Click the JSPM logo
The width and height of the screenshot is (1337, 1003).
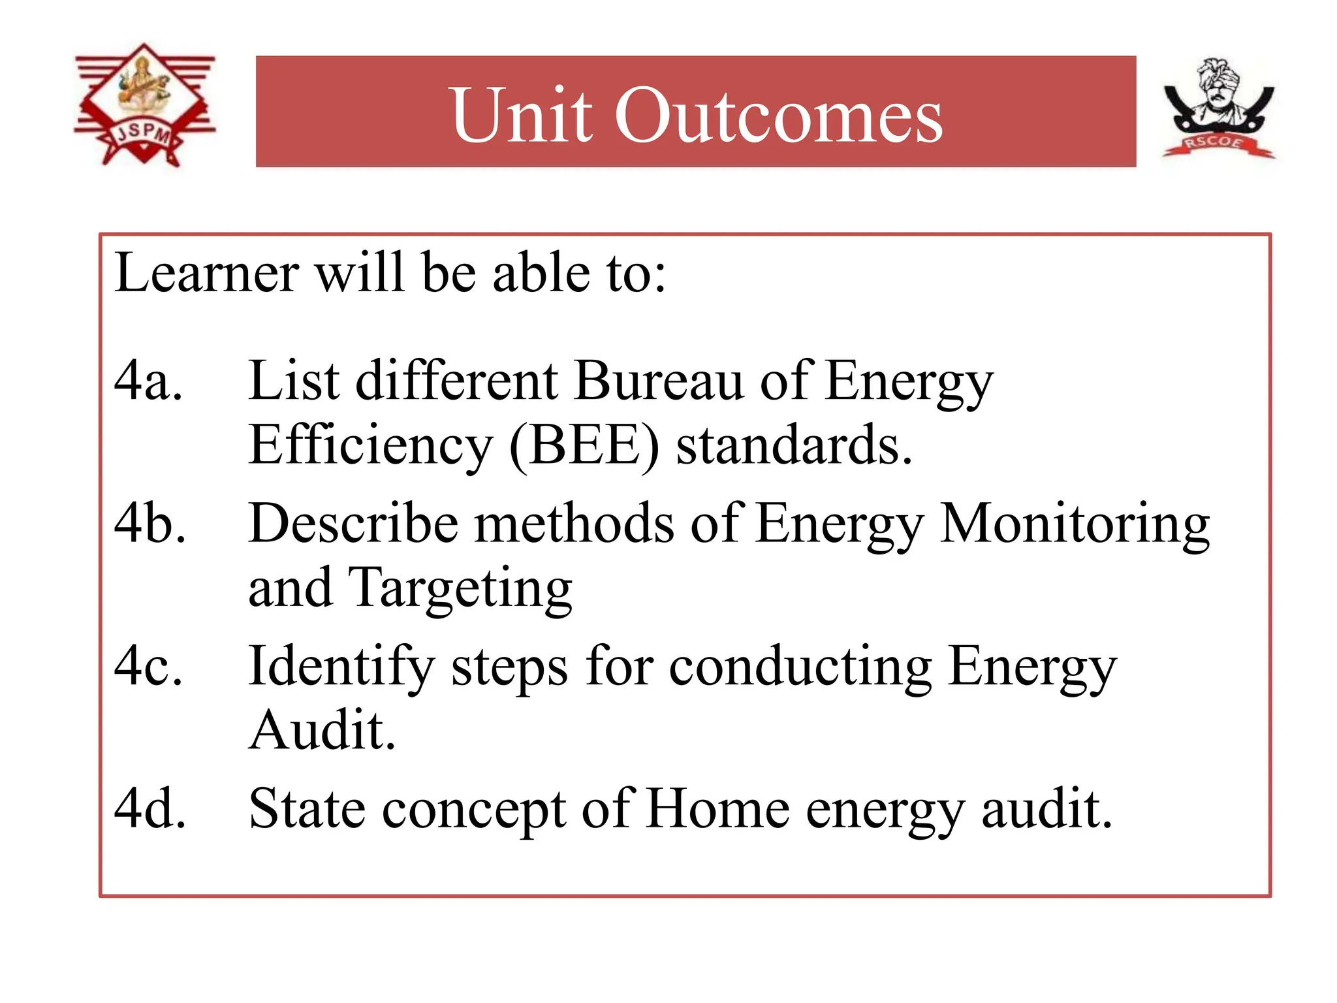pyautogui.click(x=144, y=104)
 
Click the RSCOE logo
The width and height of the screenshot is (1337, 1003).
pyautogui.click(x=1218, y=109)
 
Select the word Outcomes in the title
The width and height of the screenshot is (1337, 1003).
pyautogui.click(x=778, y=116)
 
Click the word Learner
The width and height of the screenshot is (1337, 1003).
pyautogui.click(x=206, y=273)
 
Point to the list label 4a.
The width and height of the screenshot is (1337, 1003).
pyautogui.click(x=148, y=381)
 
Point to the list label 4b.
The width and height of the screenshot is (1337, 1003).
pyautogui.click(x=149, y=524)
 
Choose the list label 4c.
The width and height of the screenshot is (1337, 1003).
pyautogui.click(x=148, y=666)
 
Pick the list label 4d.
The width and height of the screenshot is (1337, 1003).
pyautogui.click(x=149, y=809)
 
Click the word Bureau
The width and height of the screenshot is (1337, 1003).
pyautogui.click(x=659, y=381)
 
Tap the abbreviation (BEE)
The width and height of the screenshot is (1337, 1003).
pyautogui.click(x=584, y=446)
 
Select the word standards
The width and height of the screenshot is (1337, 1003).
pyautogui.click(x=793, y=446)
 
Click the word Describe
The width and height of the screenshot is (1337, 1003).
pyautogui.click(x=353, y=524)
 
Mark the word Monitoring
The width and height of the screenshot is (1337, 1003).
pyautogui.click(x=1075, y=524)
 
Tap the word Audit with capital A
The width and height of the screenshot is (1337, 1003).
pyautogui.click(x=322, y=730)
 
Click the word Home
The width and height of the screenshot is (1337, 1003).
pyautogui.click(x=718, y=809)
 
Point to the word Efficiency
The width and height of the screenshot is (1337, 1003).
pyautogui.click(x=370, y=446)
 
